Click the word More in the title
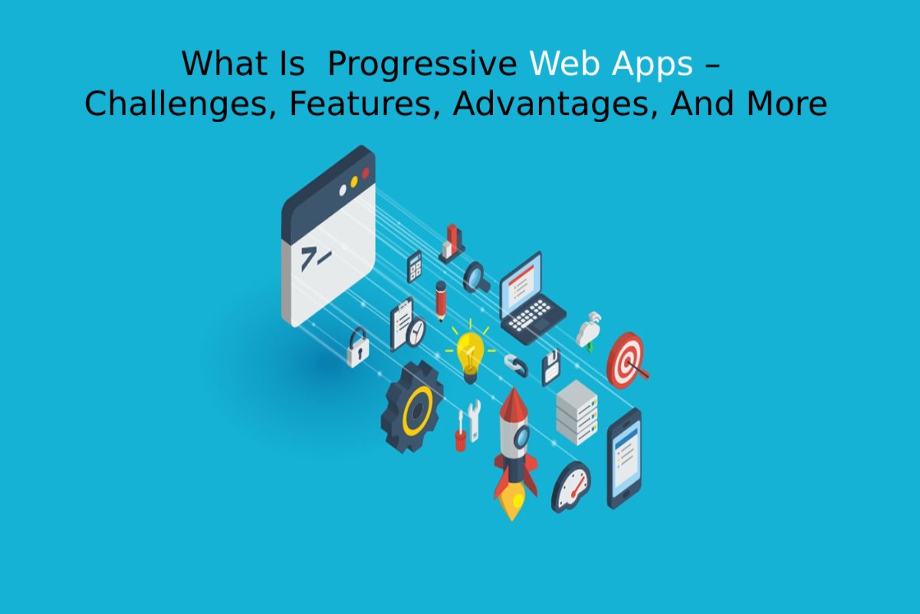787,104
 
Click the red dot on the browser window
365,173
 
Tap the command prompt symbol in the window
315,259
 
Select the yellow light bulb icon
470,352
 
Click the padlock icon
358,348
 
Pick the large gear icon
412,407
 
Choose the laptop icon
531,298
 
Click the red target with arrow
627,361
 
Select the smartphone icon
624,458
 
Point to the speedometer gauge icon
571,487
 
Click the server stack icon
577,412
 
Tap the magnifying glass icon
476,277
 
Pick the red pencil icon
441,301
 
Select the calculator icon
415,266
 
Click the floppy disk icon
551,368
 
